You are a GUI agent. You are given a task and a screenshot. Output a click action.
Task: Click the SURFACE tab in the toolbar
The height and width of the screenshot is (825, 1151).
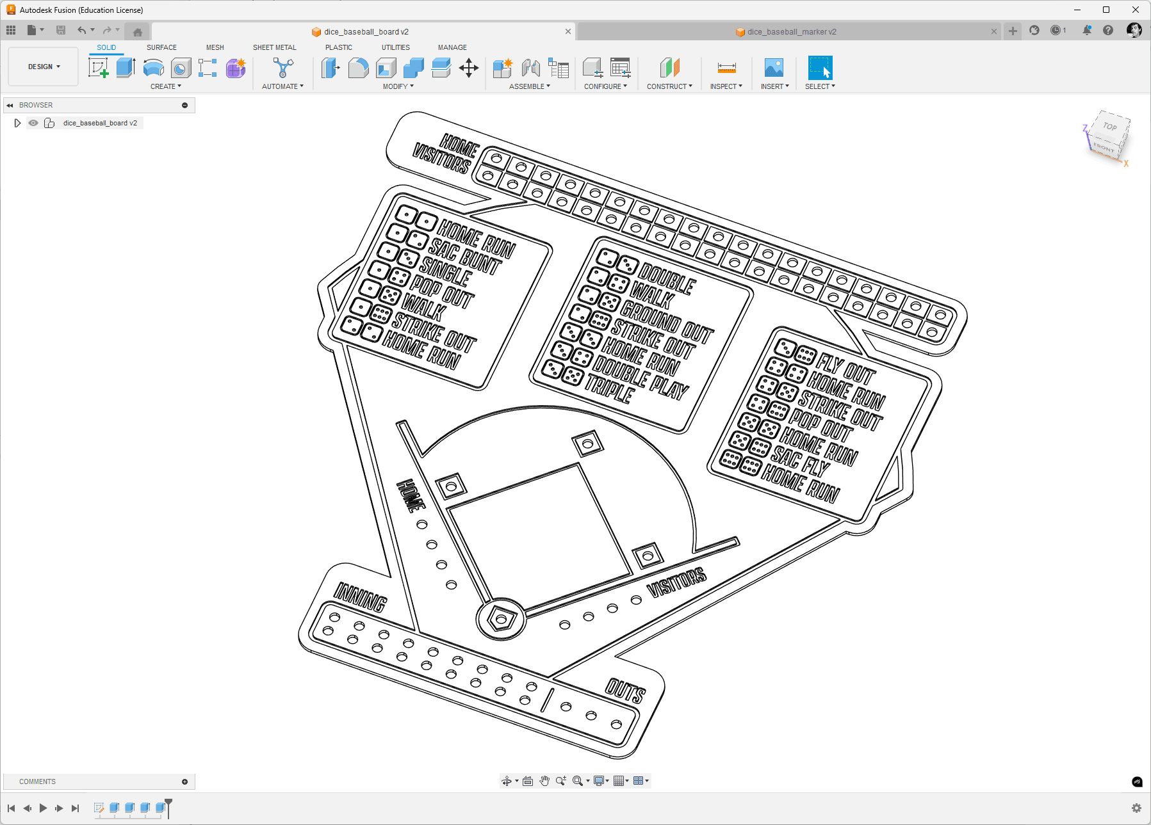161,47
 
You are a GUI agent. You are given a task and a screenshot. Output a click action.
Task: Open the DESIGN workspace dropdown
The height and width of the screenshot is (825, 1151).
44,67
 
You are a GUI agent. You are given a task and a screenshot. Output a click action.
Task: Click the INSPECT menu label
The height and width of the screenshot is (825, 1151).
726,86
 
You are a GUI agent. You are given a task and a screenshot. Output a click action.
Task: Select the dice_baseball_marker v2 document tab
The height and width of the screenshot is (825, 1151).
792,31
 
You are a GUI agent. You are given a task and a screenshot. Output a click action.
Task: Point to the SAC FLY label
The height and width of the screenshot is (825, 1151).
801,460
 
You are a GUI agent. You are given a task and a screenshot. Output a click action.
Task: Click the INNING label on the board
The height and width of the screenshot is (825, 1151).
361,597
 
